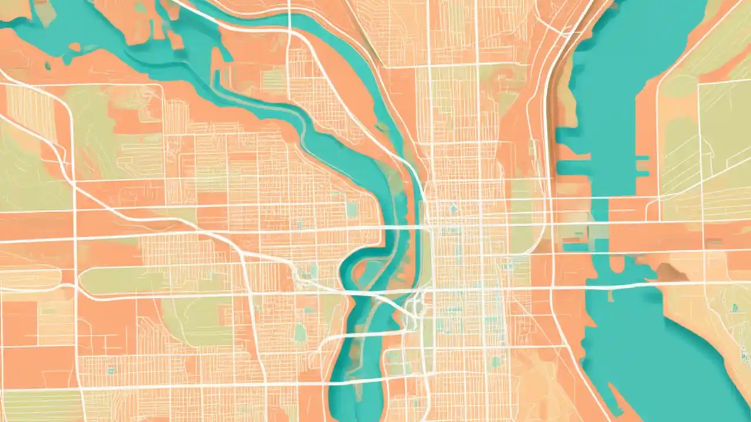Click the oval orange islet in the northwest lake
(x=75, y=46)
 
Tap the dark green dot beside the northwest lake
(x=48, y=66)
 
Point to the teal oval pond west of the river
(x=300, y=332)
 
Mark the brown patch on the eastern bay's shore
(x=665, y=271)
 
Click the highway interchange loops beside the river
(x=415, y=305)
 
